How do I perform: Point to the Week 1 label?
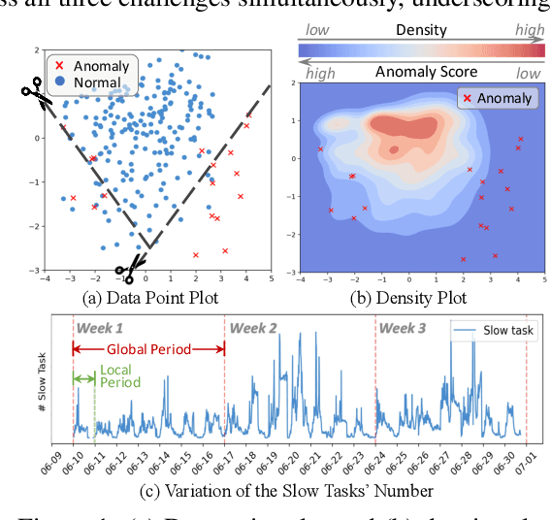(x=99, y=328)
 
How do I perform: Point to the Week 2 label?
(x=252, y=328)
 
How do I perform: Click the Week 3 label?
(x=403, y=328)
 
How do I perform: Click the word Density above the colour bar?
(x=422, y=31)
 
